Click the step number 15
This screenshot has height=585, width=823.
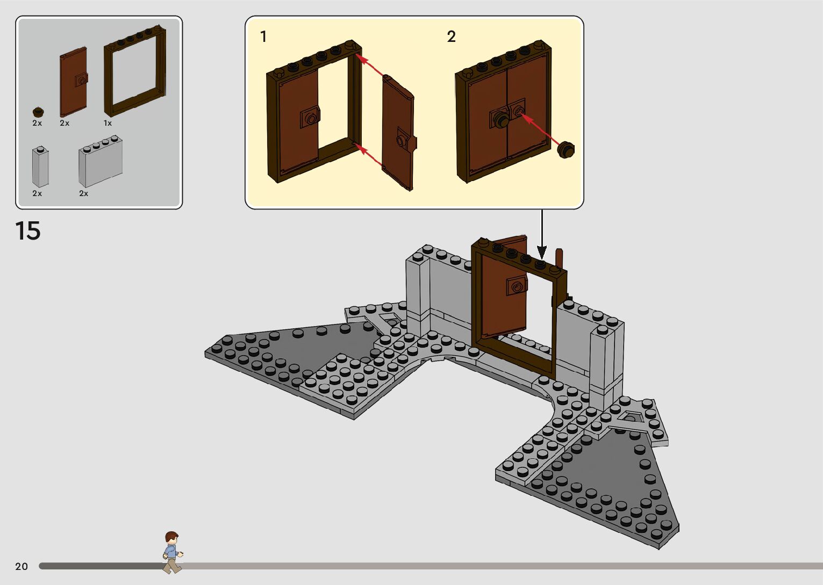coord(28,231)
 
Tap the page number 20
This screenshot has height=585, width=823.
coord(22,566)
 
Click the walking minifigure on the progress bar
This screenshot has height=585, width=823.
coord(172,552)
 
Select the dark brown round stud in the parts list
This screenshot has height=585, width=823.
coord(38,112)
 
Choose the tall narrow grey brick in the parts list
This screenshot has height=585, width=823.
coord(40,167)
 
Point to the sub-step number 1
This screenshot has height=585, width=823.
coord(263,37)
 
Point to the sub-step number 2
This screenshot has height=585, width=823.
coord(451,37)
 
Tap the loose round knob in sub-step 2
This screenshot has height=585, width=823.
coord(566,149)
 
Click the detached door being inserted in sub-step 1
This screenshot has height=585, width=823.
coord(398,133)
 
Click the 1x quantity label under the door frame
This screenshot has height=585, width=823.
coord(108,124)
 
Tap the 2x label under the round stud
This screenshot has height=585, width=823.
coord(37,124)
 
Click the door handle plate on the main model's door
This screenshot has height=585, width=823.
coord(516,286)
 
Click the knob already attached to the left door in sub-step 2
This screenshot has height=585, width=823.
coord(501,119)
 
